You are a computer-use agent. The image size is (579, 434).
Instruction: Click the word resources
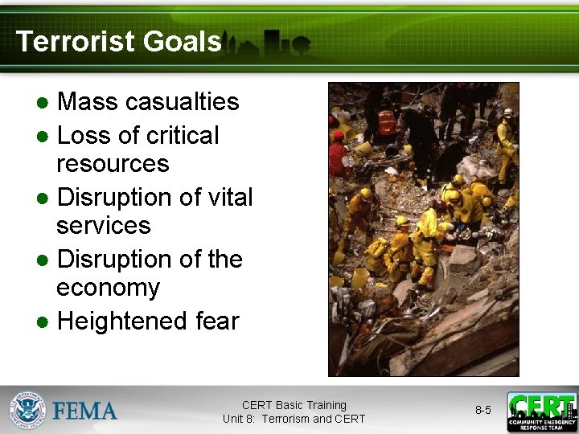[113, 164]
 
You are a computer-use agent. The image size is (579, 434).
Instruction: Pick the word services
[103, 226]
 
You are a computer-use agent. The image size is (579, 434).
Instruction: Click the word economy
[108, 288]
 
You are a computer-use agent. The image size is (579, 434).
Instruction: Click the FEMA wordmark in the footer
[84, 411]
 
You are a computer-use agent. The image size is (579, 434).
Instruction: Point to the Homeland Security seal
[29, 411]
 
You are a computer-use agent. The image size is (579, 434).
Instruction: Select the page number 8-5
[482, 411]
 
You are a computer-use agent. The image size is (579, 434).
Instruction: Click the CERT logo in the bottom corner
[541, 411]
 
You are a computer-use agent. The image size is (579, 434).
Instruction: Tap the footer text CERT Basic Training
[294, 405]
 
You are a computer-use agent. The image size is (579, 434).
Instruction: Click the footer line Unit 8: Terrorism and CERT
[294, 419]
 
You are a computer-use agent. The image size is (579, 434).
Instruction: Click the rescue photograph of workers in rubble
[423, 229]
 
